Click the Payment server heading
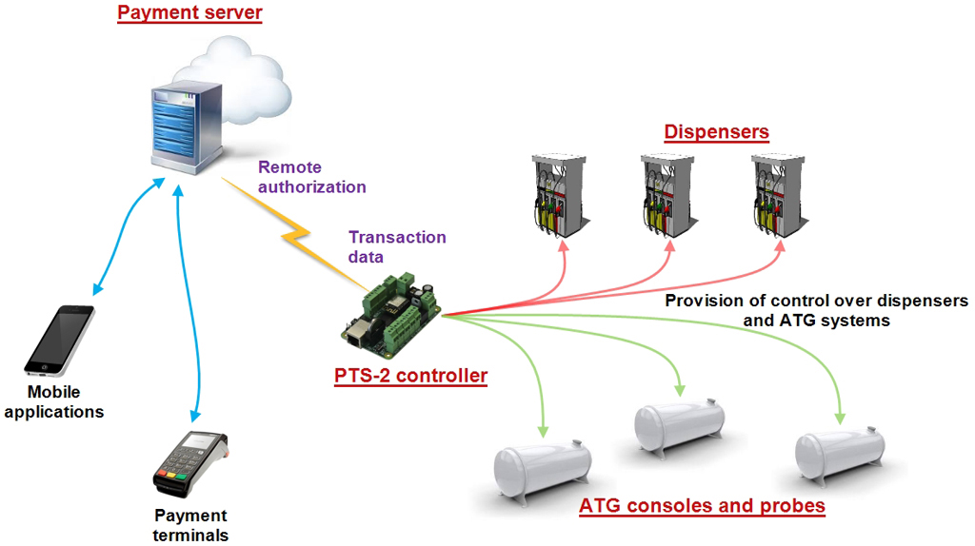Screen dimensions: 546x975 (x=189, y=14)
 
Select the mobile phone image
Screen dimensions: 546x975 (x=60, y=340)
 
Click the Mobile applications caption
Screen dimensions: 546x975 (x=53, y=402)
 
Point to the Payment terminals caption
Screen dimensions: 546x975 (x=191, y=525)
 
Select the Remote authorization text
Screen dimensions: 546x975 (x=311, y=178)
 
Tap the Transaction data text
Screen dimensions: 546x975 (x=397, y=246)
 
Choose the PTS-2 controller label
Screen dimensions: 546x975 (x=410, y=376)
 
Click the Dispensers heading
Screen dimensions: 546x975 (x=716, y=132)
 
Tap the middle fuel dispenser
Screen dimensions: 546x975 (x=667, y=195)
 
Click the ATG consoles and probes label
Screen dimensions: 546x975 (x=702, y=505)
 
